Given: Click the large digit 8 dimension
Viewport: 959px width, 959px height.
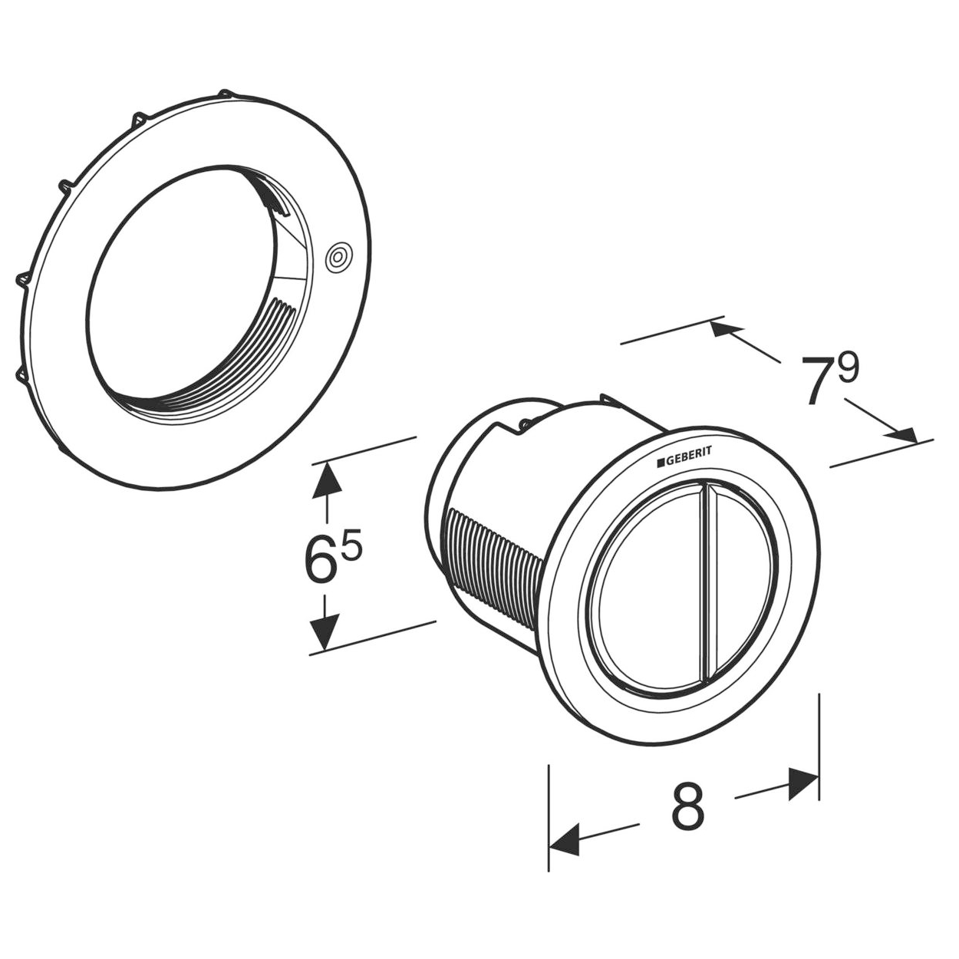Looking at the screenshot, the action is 688,809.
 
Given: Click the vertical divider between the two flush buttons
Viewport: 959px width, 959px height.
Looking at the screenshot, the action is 709,583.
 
